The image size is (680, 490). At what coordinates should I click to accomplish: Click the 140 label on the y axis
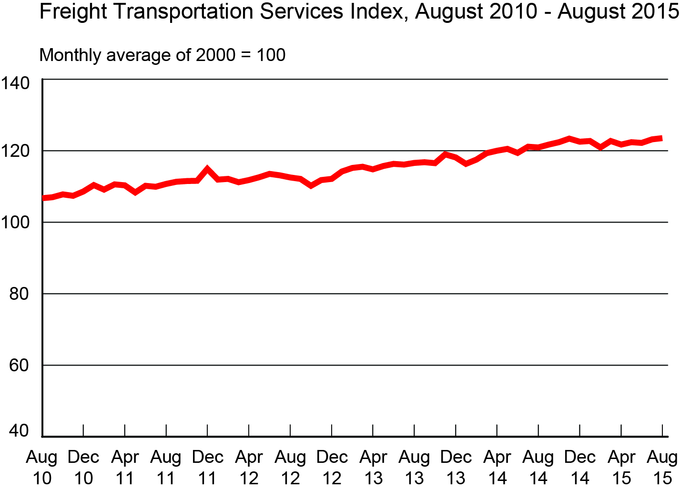tap(15, 83)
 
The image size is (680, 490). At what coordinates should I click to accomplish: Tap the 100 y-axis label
tap(15, 222)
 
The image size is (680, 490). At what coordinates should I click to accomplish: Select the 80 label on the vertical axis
tap(19, 294)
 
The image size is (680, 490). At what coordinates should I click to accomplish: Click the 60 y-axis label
tap(19, 365)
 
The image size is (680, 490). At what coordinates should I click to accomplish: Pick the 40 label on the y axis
tap(19, 431)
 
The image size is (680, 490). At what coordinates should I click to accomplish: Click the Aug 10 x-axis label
tap(42, 467)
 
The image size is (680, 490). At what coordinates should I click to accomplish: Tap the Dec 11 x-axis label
tap(207, 467)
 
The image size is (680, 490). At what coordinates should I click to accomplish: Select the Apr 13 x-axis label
tap(373, 467)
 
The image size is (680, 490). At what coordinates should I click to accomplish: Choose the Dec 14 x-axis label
tap(580, 467)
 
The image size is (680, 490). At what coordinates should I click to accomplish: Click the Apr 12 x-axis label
tap(249, 467)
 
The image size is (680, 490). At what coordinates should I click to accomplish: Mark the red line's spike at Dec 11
tap(207, 169)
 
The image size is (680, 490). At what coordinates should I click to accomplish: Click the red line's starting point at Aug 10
tap(44, 198)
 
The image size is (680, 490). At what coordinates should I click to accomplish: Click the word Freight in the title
tap(66, 11)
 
